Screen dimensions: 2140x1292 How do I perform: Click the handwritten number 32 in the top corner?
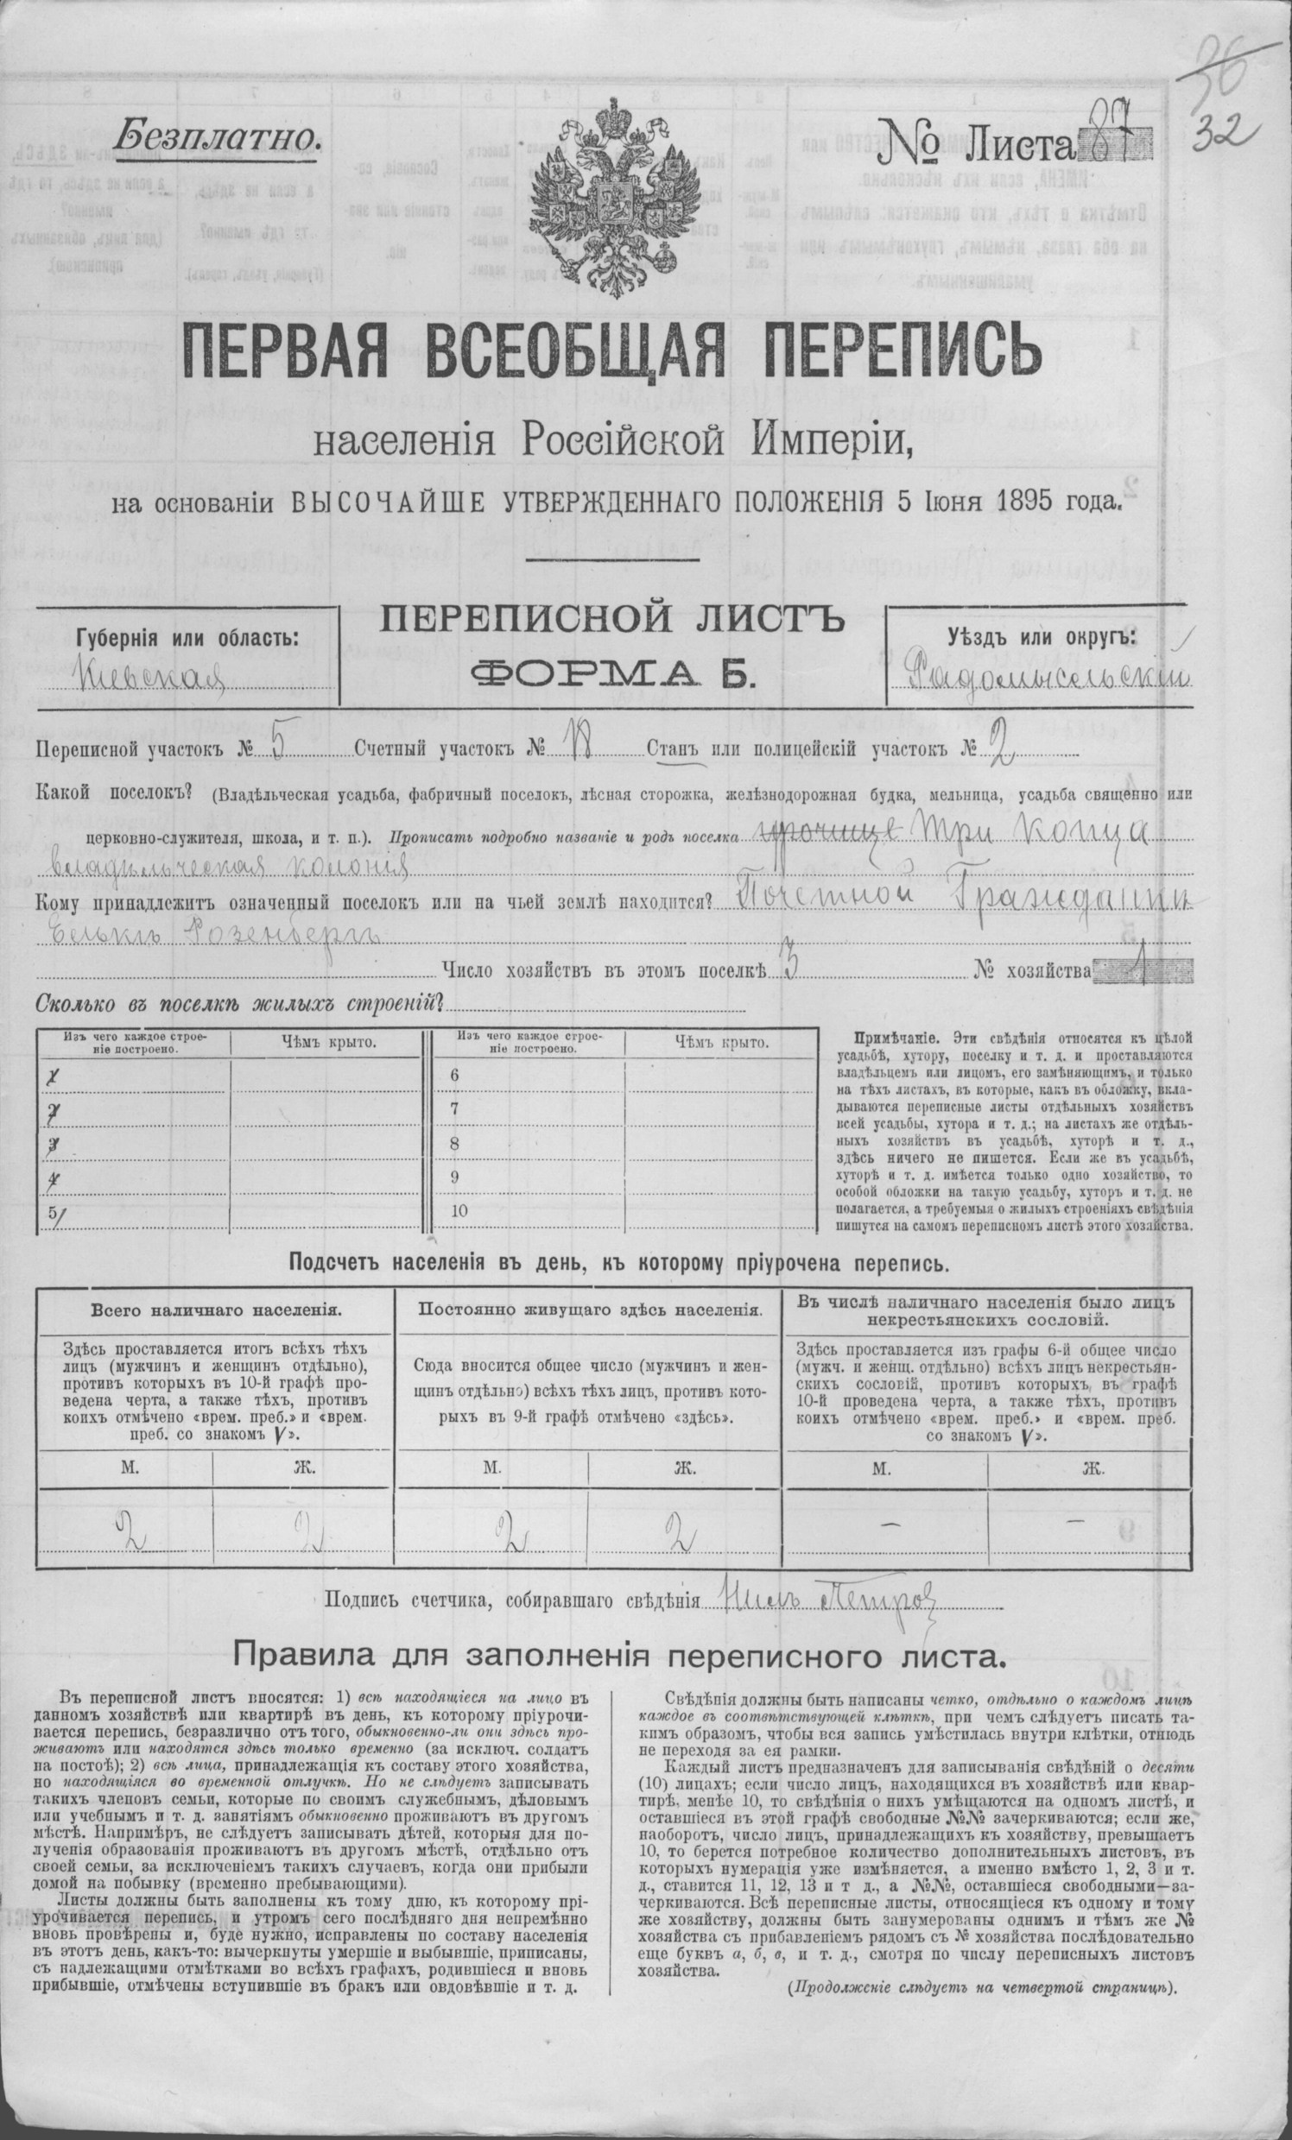point(1228,135)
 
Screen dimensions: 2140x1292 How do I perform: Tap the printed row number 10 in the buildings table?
point(459,1210)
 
